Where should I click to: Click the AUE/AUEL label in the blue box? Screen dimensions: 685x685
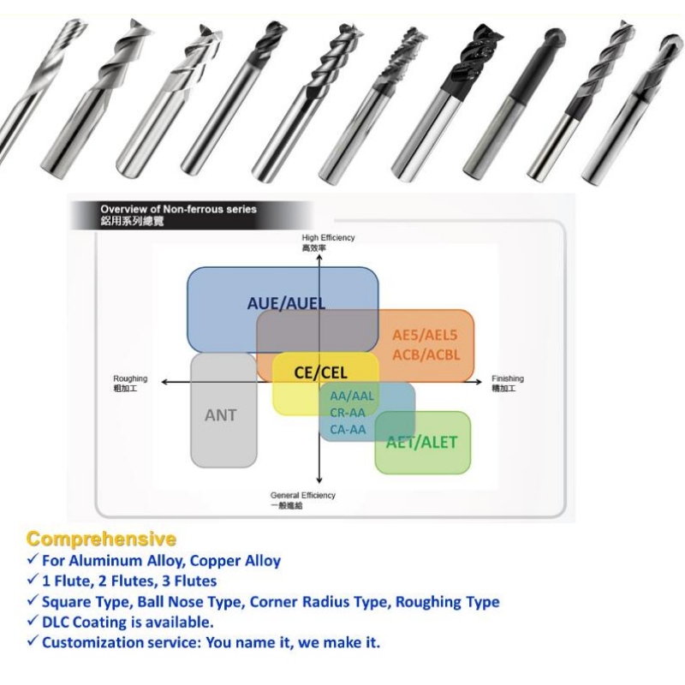click(x=286, y=303)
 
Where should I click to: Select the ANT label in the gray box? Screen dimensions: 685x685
click(x=221, y=415)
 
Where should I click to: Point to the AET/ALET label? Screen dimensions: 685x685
click(x=422, y=443)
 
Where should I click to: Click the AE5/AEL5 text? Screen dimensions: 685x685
click(x=426, y=335)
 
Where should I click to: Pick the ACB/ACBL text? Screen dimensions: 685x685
click(x=426, y=354)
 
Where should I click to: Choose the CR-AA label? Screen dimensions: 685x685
click(x=348, y=412)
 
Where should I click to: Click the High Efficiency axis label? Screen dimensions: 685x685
click(x=328, y=237)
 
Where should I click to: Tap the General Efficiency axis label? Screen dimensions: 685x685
click(x=303, y=496)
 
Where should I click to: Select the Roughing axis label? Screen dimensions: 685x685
click(x=130, y=378)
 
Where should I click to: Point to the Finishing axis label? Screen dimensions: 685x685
click(x=507, y=378)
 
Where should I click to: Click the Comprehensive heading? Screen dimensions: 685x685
click(x=101, y=539)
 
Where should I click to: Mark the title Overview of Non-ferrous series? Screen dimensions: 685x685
click(x=178, y=209)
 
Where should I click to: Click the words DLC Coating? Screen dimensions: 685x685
click(x=89, y=622)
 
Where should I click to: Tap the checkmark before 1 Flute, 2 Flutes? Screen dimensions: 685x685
click(x=33, y=582)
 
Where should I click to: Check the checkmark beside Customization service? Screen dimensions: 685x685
click(x=33, y=643)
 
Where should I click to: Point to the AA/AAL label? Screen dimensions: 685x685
click(x=352, y=396)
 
